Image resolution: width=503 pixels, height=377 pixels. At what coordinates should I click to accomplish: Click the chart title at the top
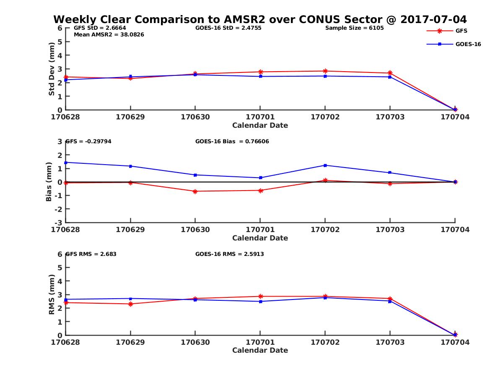[260, 19]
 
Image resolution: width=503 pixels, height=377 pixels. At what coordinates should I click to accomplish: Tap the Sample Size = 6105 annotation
[354, 28]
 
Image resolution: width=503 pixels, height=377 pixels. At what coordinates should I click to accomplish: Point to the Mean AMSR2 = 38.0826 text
[109, 34]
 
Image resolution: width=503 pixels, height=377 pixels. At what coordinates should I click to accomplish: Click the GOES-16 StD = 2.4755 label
[226, 28]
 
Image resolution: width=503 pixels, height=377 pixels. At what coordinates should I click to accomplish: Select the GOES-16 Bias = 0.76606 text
[232, 142]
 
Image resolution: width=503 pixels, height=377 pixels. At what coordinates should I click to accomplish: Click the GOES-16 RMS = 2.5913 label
[229, 254]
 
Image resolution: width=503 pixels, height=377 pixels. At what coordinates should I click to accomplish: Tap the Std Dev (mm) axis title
[52, 69]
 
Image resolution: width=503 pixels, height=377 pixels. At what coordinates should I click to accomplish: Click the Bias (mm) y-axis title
[49, 182]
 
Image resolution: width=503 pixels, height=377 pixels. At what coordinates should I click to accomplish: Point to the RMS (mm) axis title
[52, 294]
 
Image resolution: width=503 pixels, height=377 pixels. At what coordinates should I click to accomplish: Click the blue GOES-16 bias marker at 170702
[325, 165]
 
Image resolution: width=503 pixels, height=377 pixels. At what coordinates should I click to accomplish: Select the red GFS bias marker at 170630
[195, 191]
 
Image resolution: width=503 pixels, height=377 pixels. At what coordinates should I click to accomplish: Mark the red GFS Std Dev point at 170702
[325, 71]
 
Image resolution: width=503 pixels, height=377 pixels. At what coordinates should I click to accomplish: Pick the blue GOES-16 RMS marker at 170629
[131, 299]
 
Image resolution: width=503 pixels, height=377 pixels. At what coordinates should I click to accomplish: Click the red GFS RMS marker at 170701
[260, 297]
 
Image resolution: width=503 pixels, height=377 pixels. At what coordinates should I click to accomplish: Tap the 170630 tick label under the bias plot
[195, 230]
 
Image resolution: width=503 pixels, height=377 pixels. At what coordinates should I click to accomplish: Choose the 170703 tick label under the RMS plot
[390, 342]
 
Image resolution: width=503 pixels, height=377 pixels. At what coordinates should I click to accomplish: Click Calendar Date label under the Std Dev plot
[260, 125]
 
